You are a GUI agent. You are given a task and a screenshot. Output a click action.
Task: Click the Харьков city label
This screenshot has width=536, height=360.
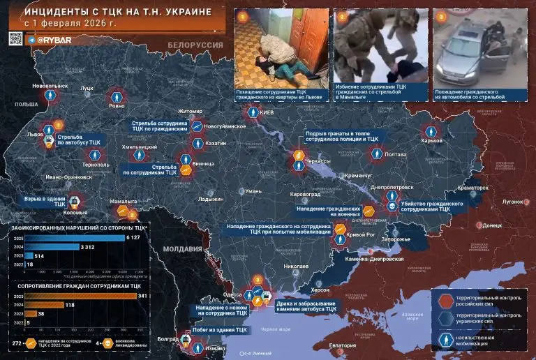point(432,140)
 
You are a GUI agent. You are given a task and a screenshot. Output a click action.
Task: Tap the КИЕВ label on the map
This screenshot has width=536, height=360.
point(267,112)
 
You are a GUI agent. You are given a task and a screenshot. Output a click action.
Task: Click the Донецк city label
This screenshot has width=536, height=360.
point(492,225)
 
